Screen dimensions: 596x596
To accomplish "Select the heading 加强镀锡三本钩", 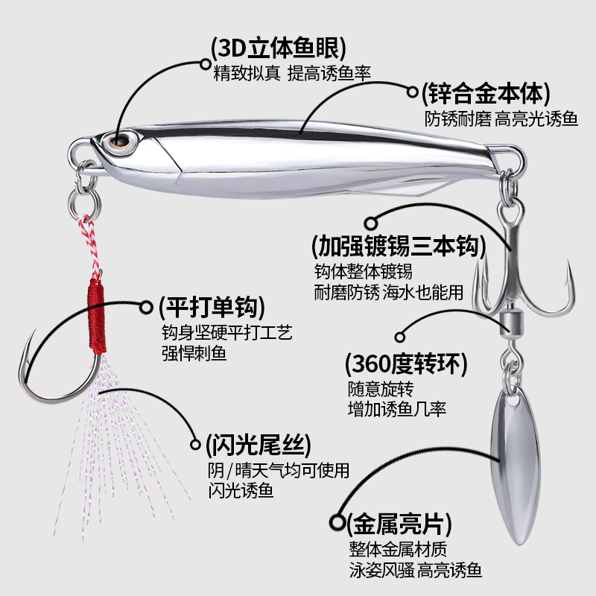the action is click(398, 245).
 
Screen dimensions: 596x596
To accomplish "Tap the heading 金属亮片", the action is click(399, 522).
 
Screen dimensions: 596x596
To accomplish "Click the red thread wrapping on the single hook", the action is click(95, 313).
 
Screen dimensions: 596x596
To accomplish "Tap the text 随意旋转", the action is click(380, 389).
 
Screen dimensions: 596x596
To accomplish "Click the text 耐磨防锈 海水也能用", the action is click(389, 292).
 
